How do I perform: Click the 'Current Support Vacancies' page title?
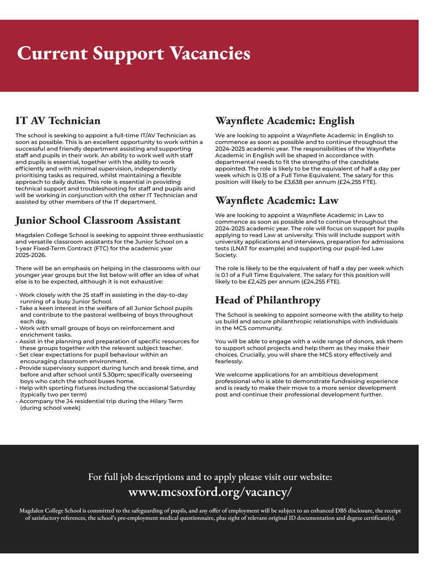coord(133,54)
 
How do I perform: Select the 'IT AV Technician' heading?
coord(58,120)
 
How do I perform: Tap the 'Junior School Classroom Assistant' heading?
coord(98,220)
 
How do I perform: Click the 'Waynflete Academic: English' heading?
coord(285,120)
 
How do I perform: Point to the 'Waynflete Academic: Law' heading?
coord(276,200)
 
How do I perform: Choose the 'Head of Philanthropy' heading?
coord(267,300)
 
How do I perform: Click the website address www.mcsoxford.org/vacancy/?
coord(210,492)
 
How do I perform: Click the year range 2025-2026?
coord(31,255)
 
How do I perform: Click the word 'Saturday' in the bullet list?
coord(183,388)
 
